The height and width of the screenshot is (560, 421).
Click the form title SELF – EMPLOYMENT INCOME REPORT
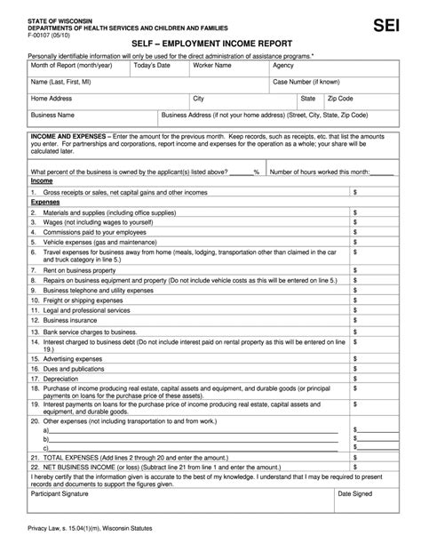pos(210,42)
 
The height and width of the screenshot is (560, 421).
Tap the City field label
pos(200,99)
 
